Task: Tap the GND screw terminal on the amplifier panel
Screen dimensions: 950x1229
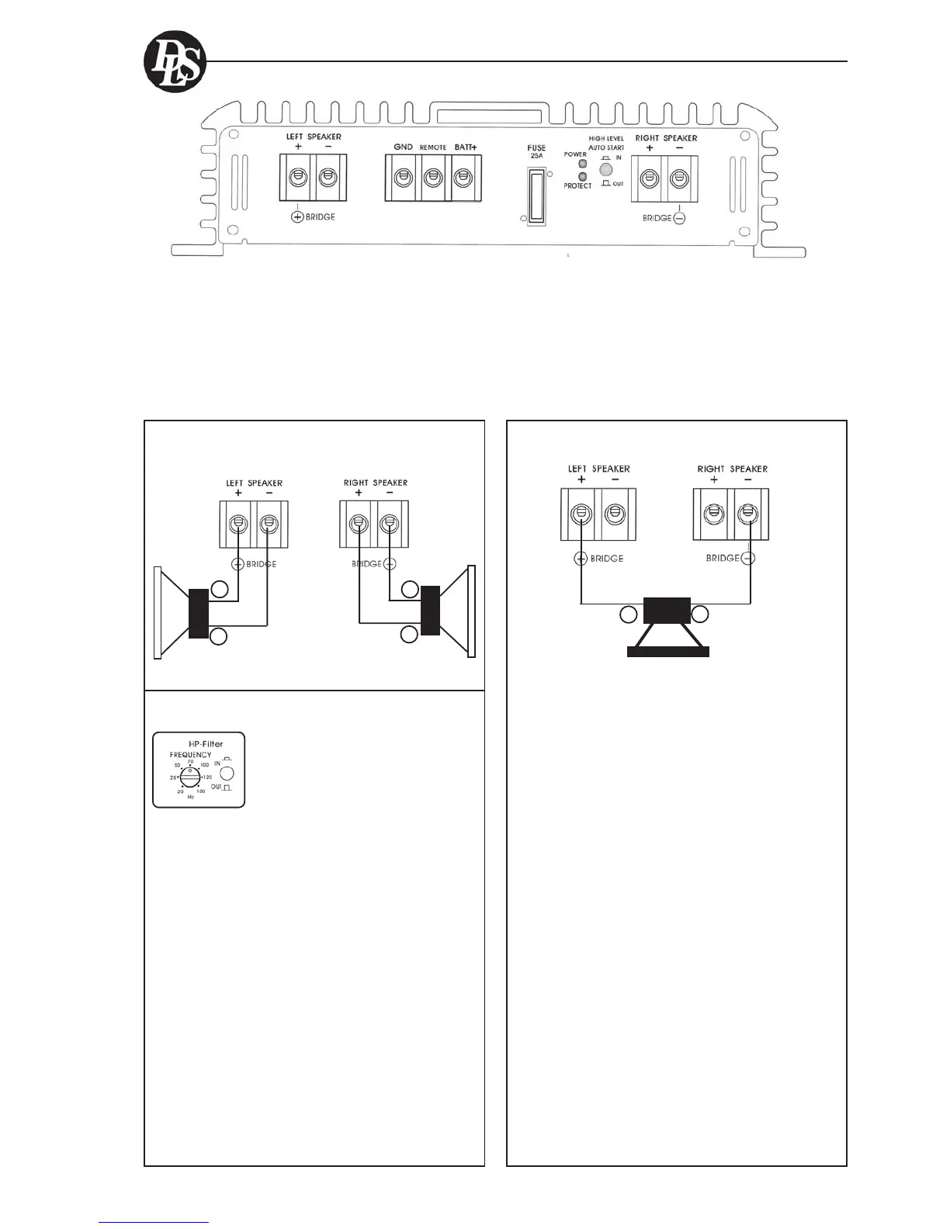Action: click(x=403, y=178)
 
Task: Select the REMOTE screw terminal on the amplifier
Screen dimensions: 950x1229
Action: click(x=433, y=178)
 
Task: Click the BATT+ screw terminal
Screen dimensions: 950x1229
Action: click(x=463, y=178)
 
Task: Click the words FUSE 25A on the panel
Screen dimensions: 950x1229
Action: click(x=536, y=151)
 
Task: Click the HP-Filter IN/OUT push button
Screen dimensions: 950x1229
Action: click(x=227, y=774)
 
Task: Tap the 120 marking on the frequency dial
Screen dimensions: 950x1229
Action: click(x=206, y=777)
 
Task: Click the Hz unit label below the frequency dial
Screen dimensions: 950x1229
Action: click(x=190, y=797)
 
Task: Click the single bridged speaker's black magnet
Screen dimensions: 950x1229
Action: click(x=667, y=611)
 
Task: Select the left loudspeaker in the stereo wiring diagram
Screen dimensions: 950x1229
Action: click(x=182, y=613)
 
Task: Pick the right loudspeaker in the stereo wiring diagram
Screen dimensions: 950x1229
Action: click(x=446, y=612)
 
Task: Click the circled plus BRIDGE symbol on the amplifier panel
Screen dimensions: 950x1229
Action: click(x=297, y=217)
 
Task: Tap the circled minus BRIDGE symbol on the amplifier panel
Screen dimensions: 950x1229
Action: click(x=679, y=219)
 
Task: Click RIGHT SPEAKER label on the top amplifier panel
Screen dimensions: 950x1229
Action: click(x=666, y=138)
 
